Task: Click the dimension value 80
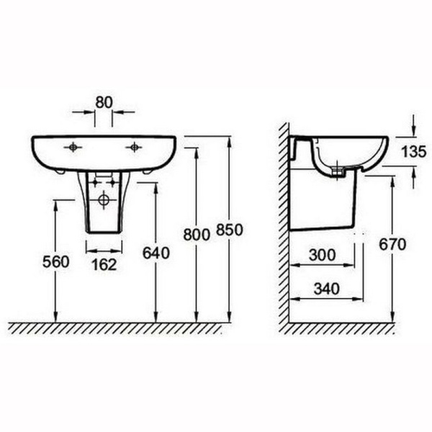[104, 102]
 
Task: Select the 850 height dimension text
[230, 230]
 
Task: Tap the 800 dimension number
[197, 235]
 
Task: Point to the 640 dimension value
[156, 253]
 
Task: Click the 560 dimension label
[56, 262]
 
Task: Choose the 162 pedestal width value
[104, 265]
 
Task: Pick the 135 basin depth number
[414, 152]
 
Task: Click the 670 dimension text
[392, 244]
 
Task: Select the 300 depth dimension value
[322, 255]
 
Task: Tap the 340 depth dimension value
[327, 289]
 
